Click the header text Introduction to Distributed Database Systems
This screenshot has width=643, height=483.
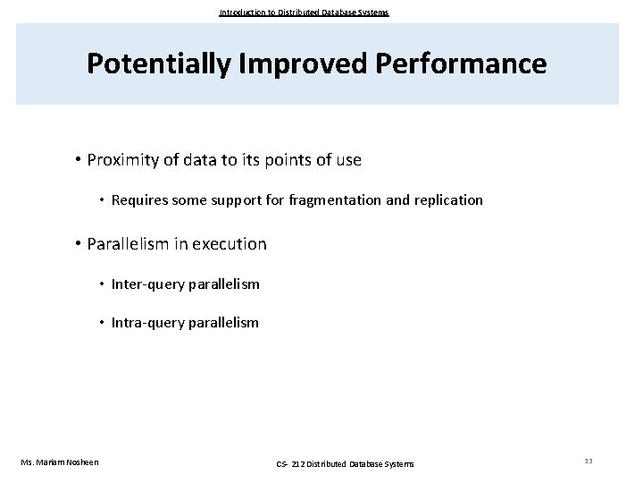pos(305,13)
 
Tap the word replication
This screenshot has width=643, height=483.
pos(448,200)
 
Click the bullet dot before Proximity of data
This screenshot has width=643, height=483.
pos(79,160)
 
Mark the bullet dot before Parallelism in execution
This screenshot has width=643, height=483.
pos(79,243)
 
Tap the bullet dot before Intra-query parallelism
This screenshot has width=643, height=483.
pos(103,322)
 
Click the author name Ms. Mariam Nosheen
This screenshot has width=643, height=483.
pos(60,462)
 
